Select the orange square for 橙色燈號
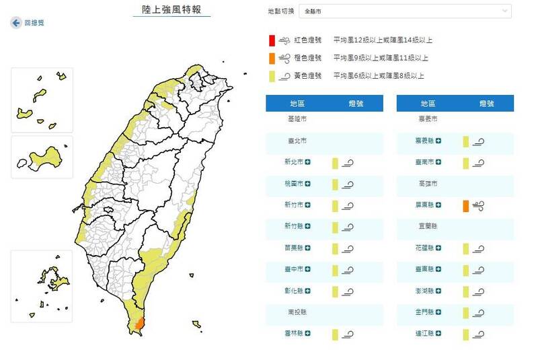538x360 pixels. pos(270,58)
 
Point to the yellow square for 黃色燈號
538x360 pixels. pos(270,75)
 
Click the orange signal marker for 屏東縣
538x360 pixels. pos(465,206)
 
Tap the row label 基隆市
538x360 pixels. pos(296,118)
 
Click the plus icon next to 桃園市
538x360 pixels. pos(309,184)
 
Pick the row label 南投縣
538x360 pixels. pos(296,312)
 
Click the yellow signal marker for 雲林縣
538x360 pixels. pos(335,334)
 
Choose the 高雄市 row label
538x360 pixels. pos(428,183)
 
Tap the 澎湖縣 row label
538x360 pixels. pos(425,291)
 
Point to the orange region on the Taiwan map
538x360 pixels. pos(139,324)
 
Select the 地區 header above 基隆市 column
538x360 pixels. pos(297,103)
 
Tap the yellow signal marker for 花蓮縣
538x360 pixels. pos(465,248)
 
